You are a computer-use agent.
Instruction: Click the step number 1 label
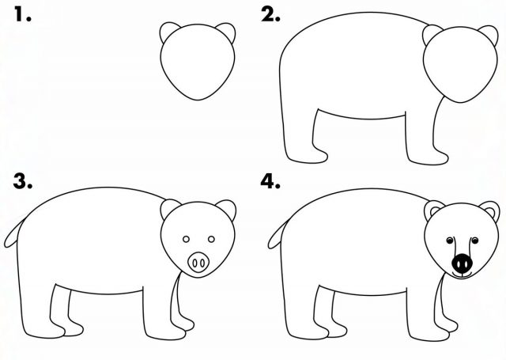(23, 15)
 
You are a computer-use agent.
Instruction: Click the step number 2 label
(270, 15)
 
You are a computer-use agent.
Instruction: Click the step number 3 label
(23, 181)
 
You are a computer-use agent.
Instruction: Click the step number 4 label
(270, 181)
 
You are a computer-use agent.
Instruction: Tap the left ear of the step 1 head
(168, 30)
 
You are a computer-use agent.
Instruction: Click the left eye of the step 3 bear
(186, 239)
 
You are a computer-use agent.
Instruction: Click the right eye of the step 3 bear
(211, 239)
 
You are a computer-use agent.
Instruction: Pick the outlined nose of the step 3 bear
(198, 263)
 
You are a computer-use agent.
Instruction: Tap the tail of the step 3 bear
(13, 235)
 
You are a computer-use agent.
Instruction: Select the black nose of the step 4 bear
(462, 263)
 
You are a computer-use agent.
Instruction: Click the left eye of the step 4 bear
(450, 241)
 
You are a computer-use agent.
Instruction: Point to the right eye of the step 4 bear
(474, 241)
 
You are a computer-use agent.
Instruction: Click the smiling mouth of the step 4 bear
(462, 275)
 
